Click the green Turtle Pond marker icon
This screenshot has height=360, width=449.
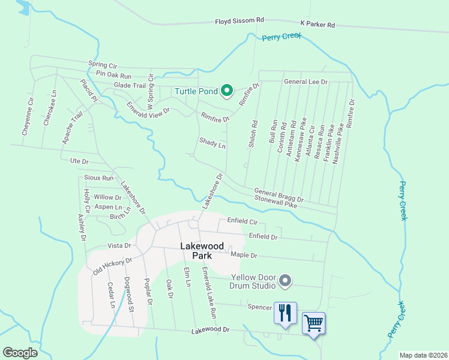coord(227,91)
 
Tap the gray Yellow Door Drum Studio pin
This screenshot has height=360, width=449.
coord(285,280)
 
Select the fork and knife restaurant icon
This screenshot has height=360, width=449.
coord(285,313)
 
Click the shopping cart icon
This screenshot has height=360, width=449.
coord(313,323)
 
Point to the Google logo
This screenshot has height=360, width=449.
coord(20,353)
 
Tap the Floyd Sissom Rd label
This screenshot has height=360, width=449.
coord(240,21)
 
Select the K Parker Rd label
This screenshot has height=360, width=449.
coord(317,25)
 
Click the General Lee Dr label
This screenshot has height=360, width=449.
coord(306,82)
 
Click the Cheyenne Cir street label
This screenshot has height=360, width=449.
coord(25,118)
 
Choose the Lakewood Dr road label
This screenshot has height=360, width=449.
coord(211,331)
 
